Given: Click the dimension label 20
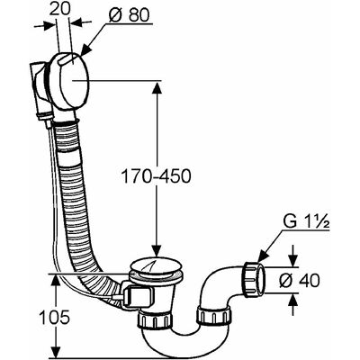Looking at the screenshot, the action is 59,9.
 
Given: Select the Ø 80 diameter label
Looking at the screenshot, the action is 129,14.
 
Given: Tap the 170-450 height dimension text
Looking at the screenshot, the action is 156,176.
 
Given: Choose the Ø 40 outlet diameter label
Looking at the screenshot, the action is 300,281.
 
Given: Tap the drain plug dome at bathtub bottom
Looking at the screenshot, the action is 156,264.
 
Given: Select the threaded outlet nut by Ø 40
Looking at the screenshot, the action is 254,279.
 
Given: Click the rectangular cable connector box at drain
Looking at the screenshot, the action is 136,297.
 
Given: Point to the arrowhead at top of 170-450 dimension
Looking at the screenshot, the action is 157,88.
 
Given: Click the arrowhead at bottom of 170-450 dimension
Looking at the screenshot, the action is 157,249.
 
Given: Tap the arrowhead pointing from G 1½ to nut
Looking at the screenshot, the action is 264,256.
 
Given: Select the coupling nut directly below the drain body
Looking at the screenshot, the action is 156,320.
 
